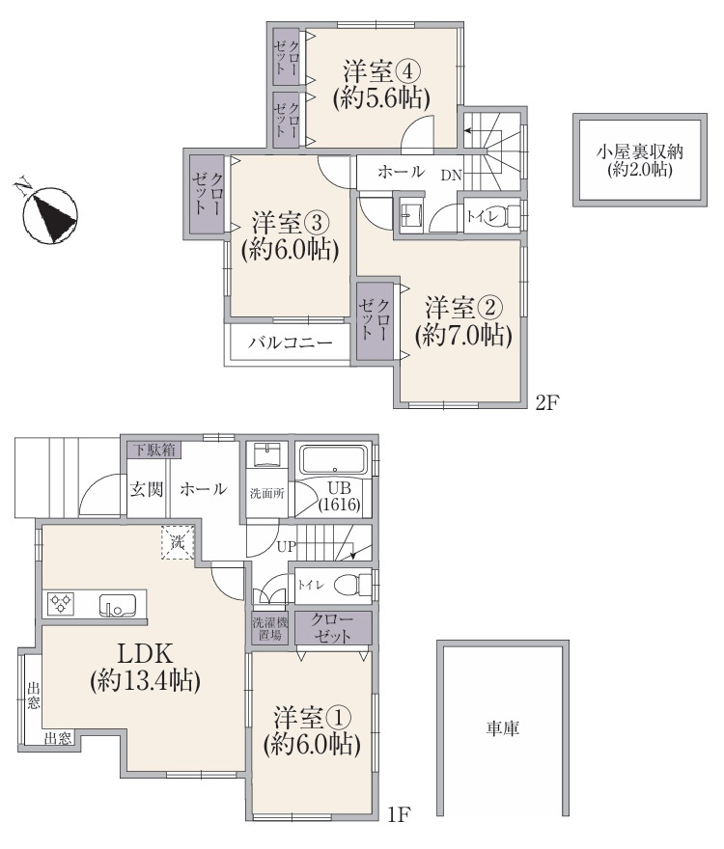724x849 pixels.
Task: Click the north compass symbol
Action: click(50, 213)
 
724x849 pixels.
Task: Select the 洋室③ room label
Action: click(291, 222)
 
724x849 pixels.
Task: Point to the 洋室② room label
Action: click(464, 308)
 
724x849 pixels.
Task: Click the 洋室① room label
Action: click(312, 718)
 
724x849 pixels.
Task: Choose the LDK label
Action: click(146, 653)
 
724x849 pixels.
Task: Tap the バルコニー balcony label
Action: click(291, 342)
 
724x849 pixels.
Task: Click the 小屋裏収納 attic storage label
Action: click(640, 151)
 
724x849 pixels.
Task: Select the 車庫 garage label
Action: click(502, 728)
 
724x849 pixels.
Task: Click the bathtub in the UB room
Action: click(334, 460)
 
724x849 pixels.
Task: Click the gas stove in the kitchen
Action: click(61, 604)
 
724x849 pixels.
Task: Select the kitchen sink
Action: click(117, 605)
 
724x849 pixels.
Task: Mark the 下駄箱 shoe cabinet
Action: click(154, 450)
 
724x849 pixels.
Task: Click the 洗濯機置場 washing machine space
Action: click(270, 628)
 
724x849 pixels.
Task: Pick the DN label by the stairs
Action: click(451, 176)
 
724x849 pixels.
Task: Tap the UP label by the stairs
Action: click(287, 547)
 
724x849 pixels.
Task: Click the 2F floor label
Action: click(546, 403)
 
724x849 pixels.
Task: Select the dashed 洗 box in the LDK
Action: click(178, 542)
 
